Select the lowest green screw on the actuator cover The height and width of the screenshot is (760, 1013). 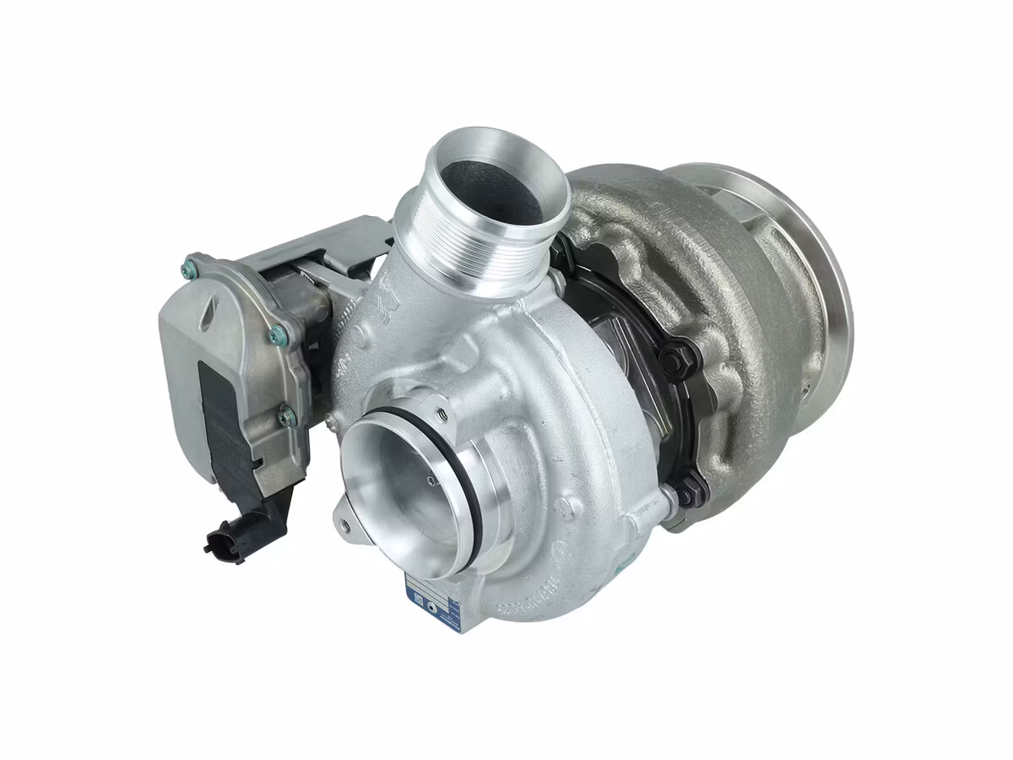coord(289,415)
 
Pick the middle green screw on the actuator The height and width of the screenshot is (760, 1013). coord(275,336)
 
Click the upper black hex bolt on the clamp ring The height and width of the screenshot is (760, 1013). coord(672,361)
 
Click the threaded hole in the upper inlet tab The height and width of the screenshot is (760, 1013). coord(440,414)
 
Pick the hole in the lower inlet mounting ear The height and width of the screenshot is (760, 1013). coord(344,524)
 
